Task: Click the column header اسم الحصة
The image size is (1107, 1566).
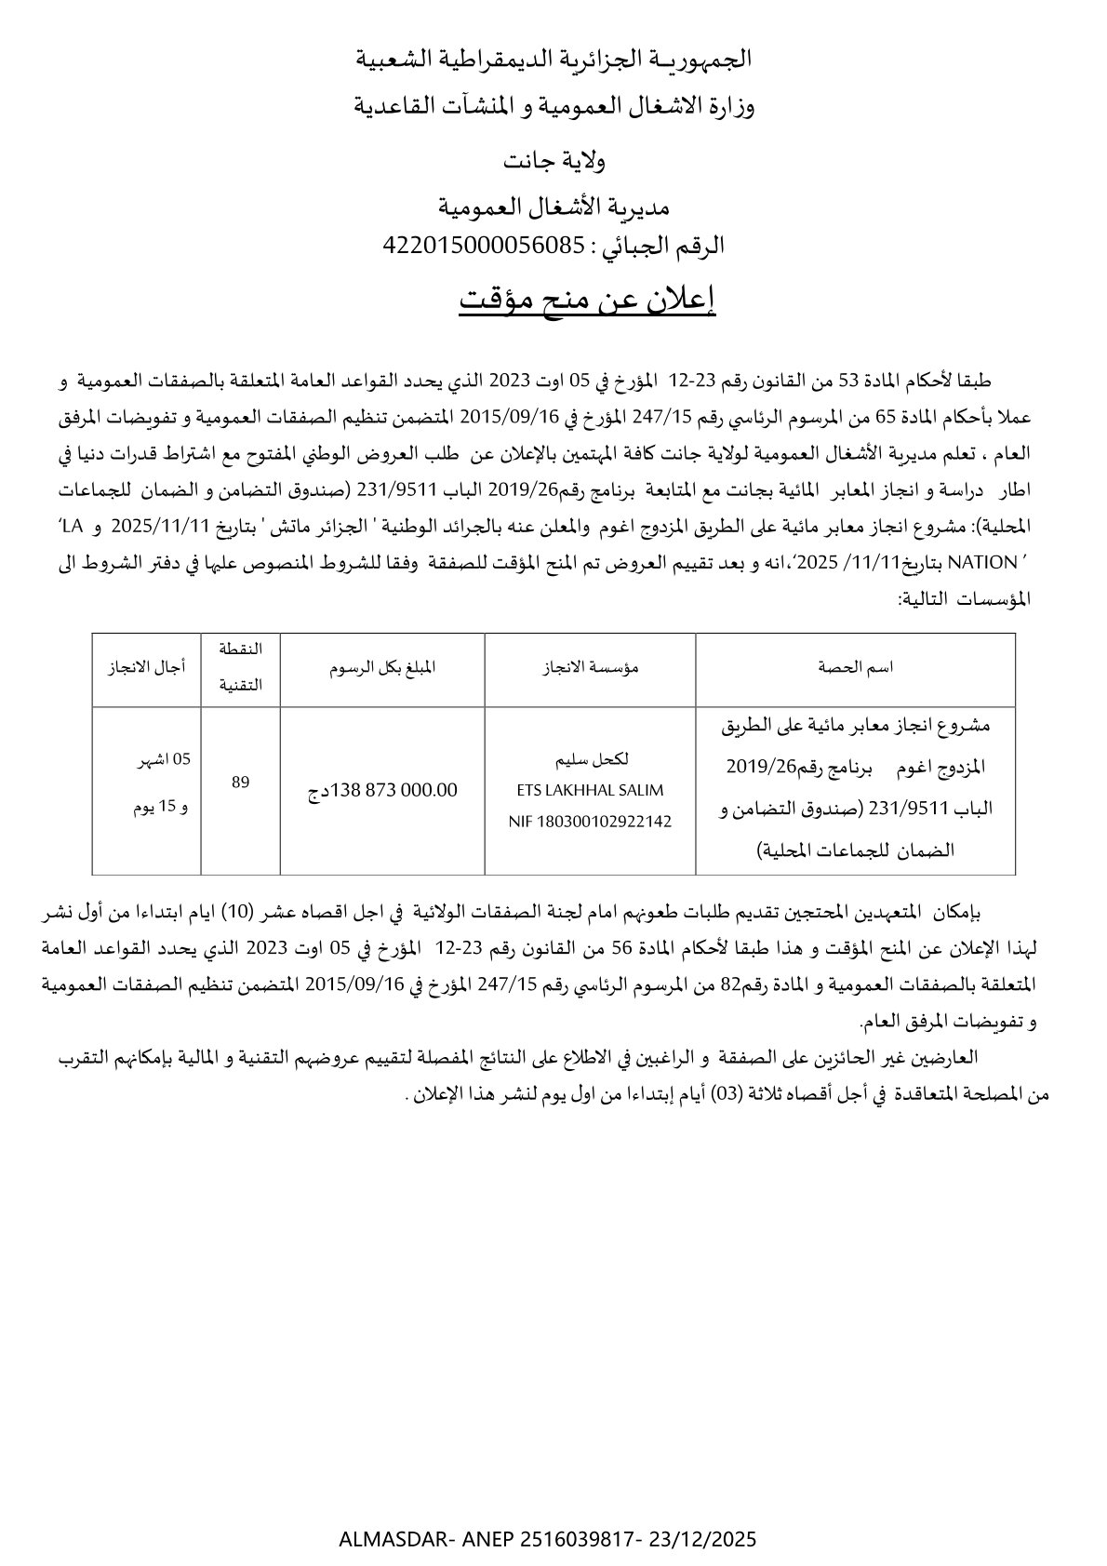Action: (855, 667)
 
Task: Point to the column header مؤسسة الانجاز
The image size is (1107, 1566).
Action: (590, 667)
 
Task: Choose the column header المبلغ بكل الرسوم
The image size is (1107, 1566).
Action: (382, 667)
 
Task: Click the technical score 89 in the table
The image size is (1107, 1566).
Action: (240, 783)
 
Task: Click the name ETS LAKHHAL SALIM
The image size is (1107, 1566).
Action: (590, 790)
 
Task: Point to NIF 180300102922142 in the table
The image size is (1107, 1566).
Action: (590, 822)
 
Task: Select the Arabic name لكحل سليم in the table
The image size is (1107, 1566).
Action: (590, 759)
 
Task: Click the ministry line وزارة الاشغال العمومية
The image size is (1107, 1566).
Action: (553, 107)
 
